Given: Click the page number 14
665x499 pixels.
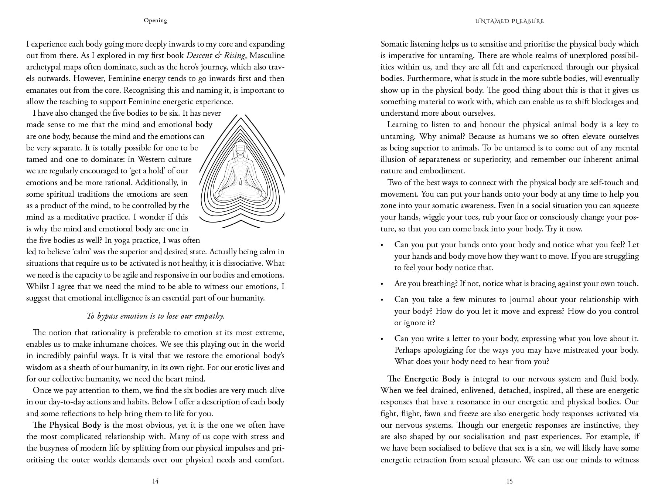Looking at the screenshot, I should click(x=155, y=481).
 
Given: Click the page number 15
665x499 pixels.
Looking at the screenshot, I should click(x=509, y=481).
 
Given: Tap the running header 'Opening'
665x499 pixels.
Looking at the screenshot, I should click(x=155, y=20).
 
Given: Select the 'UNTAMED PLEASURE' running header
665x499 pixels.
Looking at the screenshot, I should click(x=509, y=21).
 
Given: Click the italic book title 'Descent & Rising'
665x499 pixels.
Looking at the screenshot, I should click(x=216, y=55).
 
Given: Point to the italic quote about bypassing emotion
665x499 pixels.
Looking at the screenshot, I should click(x=155, y=316).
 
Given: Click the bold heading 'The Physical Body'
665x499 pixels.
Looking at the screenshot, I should click(x=67, y=425).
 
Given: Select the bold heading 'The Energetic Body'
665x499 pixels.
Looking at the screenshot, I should click(x=424, y=379).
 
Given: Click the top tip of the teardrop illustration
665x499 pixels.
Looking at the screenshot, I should click(x=241, y=116).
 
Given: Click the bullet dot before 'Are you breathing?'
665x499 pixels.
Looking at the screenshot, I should click(x=382, y=284).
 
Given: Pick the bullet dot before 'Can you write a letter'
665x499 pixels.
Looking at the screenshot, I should click(x=382, y=339).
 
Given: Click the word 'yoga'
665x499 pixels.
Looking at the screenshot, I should click(x=125, y=240).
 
